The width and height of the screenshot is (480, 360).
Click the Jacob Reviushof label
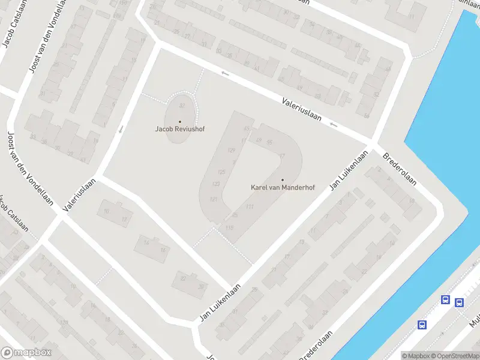(180, 128)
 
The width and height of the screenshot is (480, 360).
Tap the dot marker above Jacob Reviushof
(180, 122)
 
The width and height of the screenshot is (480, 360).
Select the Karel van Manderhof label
(283, 187)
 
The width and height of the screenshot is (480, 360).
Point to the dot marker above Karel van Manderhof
(283, 180)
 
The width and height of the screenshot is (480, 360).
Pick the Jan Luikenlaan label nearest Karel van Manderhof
(349, 170)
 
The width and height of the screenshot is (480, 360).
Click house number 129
(232, 150)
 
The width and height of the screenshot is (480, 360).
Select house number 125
(222, 172)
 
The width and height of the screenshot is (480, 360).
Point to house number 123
(217, 184)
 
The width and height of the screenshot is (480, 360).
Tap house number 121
(214, 199)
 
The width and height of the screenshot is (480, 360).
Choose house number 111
(250, 206)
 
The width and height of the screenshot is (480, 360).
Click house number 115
(229, 227)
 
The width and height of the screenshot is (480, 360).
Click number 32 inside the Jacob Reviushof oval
(182, 105)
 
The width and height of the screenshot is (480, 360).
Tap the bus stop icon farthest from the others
(422, 325)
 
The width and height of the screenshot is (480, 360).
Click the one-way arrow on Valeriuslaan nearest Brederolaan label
(333, 125)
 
